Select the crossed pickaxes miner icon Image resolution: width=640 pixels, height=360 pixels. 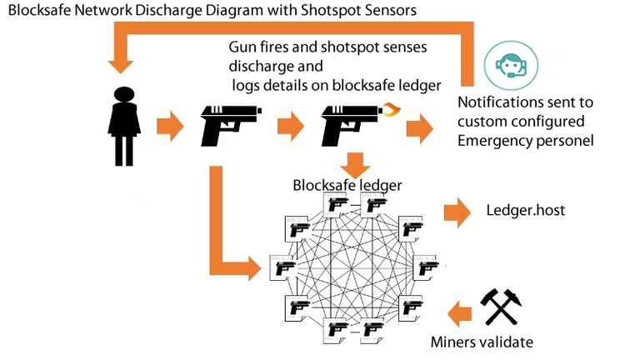click(x=500, y=307)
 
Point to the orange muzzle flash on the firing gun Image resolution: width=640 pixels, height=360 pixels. click(x=390, y=108)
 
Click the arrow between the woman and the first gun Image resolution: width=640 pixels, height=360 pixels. click(x=170, y=126)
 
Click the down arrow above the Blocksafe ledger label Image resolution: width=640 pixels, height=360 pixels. click(x=357, y=164)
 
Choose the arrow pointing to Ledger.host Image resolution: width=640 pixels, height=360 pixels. click(x=457, y=211)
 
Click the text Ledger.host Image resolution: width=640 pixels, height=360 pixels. click(x=525, y=210)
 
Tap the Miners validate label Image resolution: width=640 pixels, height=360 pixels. click(x=481, y=342)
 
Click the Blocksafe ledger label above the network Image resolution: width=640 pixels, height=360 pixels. click(x=347, y=185)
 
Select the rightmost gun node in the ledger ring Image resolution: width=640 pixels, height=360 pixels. click(x=427, y=268)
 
